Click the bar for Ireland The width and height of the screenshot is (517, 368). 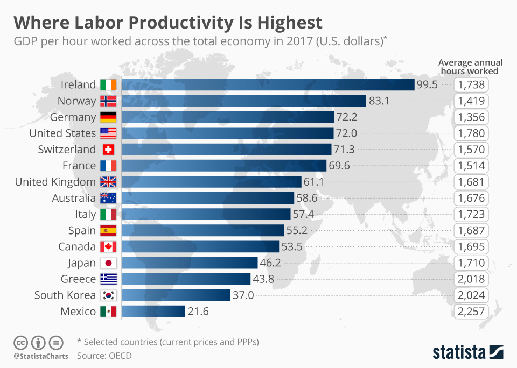click(268, 85)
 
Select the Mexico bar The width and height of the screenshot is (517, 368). click(153, 312)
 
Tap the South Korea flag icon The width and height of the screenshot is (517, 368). click(108, 295)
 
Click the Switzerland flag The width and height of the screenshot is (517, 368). click(108, 150)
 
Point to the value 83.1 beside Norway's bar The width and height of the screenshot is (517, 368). click(379, 101)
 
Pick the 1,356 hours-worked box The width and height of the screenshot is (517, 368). click(471, 117)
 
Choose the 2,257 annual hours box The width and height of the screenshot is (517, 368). click(471, 312)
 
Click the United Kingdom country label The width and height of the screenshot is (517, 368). click(55, 182)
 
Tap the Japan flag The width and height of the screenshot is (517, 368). click(108, 263)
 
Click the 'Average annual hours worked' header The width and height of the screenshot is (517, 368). click(468, 66)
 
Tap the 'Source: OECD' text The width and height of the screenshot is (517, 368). click(104, 355)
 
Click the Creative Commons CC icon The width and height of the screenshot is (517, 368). click(20, 342)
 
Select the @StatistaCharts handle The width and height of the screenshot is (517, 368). click(41, 356)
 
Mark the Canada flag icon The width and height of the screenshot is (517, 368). click(108, 247)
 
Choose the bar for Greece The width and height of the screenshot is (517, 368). click(186, 279)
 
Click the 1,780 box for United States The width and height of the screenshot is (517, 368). click(471, 133)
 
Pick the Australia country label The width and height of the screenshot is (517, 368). click(74, 198)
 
